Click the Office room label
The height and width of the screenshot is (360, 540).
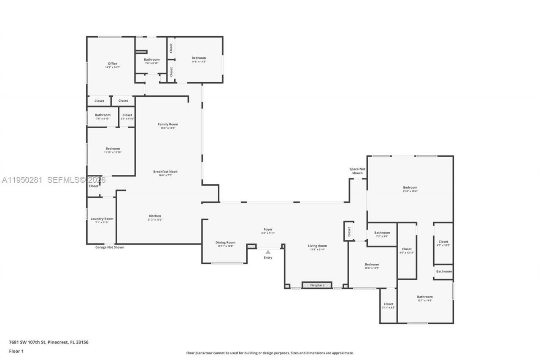coord(112,64)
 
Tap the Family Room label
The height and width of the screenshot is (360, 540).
coord(168,125)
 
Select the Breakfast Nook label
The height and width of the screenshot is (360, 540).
coord(165,172)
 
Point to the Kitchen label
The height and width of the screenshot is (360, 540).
coord(155,216)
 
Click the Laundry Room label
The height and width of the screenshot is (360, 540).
coord(102,219)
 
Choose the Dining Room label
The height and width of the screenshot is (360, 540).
coord(225,243)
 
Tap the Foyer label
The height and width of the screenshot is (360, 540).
coord(268,230)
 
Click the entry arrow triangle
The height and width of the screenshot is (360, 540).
coord(268,252)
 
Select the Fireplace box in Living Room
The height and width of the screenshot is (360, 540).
coord(317,285)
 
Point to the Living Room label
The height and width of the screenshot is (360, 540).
coord(317,246)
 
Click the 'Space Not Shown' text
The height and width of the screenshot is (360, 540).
coord(357,171)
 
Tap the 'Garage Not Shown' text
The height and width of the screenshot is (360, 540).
coord(110,247)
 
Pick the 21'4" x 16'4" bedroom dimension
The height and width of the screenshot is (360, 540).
coord(410,191)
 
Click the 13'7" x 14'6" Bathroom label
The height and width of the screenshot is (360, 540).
coord(424,297)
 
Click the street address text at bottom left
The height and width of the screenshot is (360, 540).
coord(49,342)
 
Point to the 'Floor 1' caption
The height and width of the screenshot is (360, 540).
coord(16,351)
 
